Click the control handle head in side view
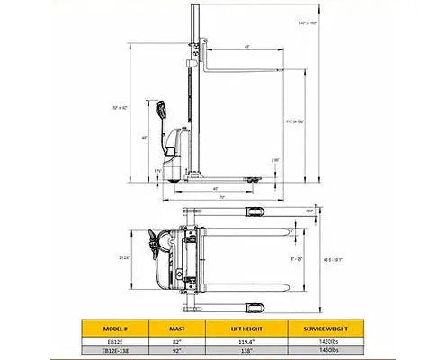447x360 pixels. pos(163,109)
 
